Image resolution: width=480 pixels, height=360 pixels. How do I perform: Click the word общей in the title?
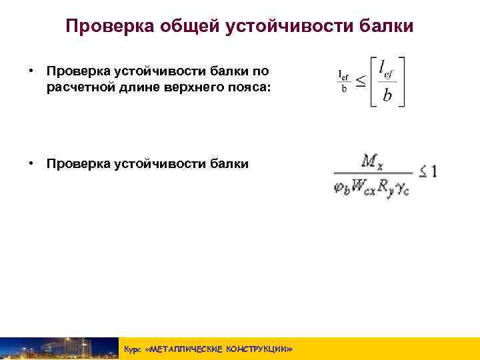click(192, 26)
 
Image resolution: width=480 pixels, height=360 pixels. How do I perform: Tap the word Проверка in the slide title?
click(111, 26)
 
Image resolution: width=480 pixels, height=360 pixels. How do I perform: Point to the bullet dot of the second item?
click(31, 163)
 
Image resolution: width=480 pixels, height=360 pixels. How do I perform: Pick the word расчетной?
click(82, 85)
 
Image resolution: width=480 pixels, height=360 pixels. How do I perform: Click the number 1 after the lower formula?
click(434, 172)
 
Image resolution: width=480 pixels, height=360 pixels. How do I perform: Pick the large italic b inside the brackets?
click(387, 97)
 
